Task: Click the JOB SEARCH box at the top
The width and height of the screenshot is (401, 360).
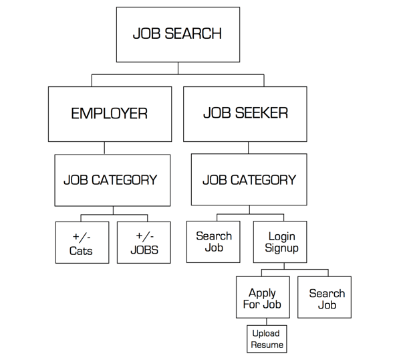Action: point(177,35)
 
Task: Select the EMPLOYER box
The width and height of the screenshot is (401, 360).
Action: point(109,114)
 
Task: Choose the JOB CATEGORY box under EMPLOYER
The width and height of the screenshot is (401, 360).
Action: point(110,180)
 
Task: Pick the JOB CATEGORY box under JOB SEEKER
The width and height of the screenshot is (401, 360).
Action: point(249,180)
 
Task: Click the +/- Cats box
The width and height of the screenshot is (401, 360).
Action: point(82,244)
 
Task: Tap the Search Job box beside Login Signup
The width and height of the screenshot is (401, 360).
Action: point(214,242)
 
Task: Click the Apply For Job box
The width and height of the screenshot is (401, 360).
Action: point(262,298)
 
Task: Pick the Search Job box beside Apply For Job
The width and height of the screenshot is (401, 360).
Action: point(327,298)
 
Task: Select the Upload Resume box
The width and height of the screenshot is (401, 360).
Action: point(267,339)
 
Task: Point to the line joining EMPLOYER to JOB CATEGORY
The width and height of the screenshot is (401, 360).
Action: point(104,148)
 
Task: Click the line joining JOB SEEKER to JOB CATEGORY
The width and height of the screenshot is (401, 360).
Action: point(249,148)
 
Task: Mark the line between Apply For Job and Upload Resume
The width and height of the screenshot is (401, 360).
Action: point(266,322)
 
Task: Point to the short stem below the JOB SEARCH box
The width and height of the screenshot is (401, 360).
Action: point(178,68)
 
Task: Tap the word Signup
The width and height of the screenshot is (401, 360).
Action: point(281,248)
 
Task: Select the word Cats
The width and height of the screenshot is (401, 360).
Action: point(81,251)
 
